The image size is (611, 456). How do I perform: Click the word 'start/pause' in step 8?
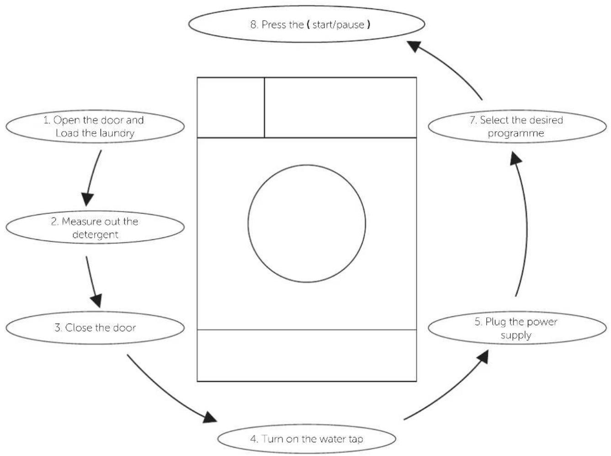(x=338, y=25)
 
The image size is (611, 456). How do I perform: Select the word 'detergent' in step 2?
(x=95, y=234)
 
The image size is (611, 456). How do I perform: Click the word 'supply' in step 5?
(x=516, y=335)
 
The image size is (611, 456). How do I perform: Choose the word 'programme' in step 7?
(x=516, y=133)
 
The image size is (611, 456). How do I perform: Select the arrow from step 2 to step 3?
(x=93, y=281)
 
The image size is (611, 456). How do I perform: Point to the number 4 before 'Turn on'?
(x=254, y=439)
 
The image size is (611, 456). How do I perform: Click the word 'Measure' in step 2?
(x=81, y=222)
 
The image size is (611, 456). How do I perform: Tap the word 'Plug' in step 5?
(x=495, y=322)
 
